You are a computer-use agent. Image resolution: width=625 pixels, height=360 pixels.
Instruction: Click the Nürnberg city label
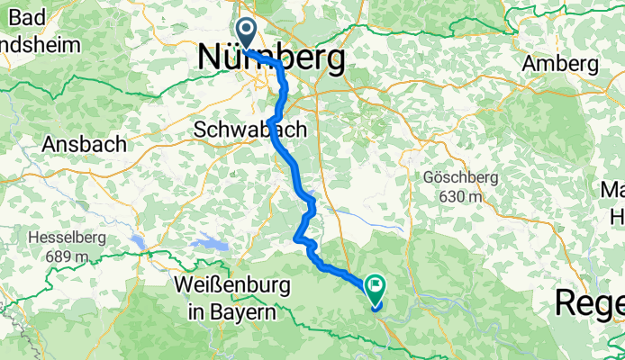pos(271,58)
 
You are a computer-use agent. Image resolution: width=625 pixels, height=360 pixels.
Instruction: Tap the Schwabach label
pos(249,130)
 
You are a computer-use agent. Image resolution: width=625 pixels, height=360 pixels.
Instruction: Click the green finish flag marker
pos(374,288)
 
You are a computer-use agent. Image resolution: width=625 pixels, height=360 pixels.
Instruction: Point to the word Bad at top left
pos(23,17)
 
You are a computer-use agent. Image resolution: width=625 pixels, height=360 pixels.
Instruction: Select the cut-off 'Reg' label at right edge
pos(590,302)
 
